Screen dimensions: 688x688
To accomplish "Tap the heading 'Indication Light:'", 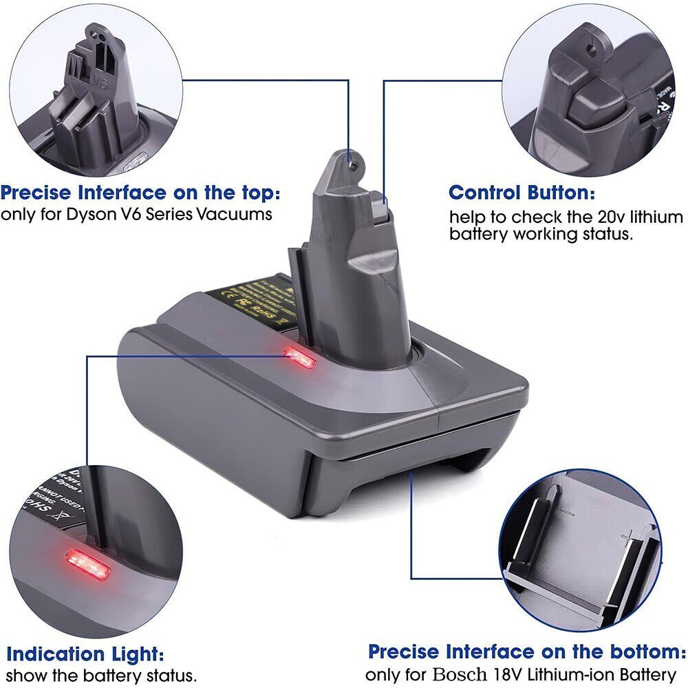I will pyautogui.click(x=85, y=653).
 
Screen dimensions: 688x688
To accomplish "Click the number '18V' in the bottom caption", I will pyautogui.click(x=504, y=674).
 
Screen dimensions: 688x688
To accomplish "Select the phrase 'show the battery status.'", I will pyautogui.click(x=101, y=675).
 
